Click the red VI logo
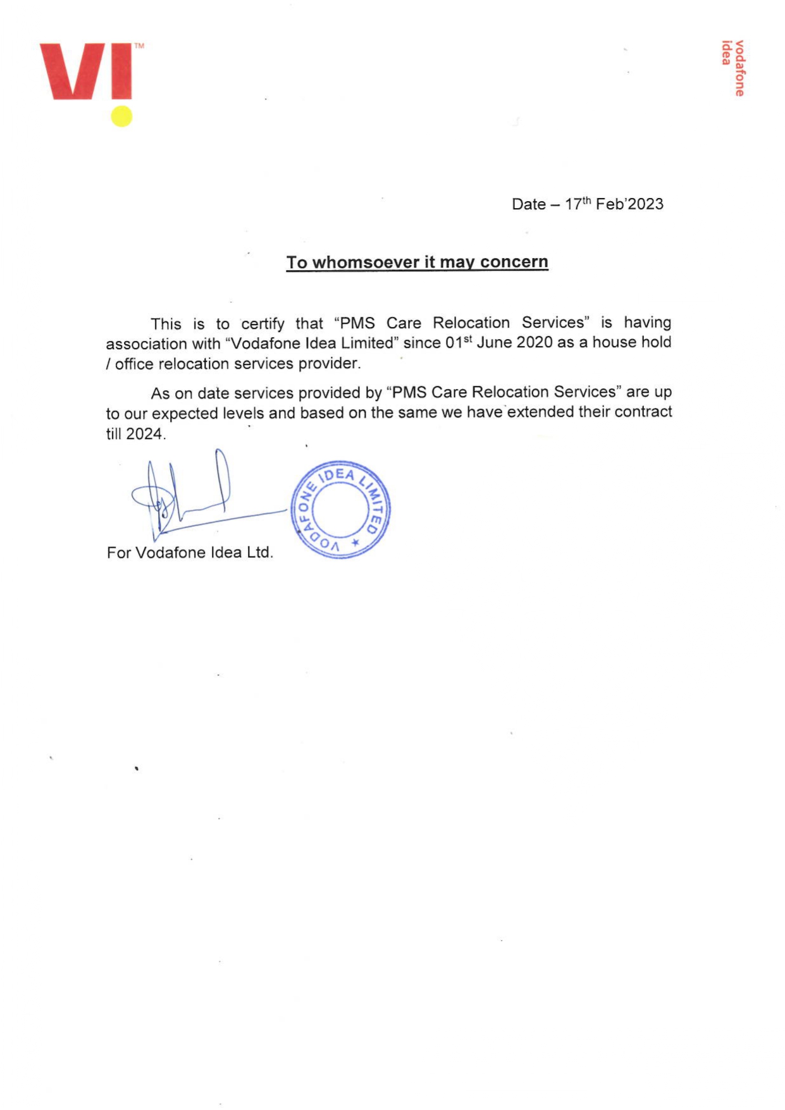86,71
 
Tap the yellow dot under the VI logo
121,116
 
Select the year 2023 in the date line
646,204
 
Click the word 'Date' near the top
528,204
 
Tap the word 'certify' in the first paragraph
263,324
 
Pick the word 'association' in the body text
146,343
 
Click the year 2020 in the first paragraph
535,342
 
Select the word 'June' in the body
494,342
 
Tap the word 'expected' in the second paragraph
185,414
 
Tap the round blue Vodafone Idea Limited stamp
340,509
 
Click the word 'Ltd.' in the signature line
259,552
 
